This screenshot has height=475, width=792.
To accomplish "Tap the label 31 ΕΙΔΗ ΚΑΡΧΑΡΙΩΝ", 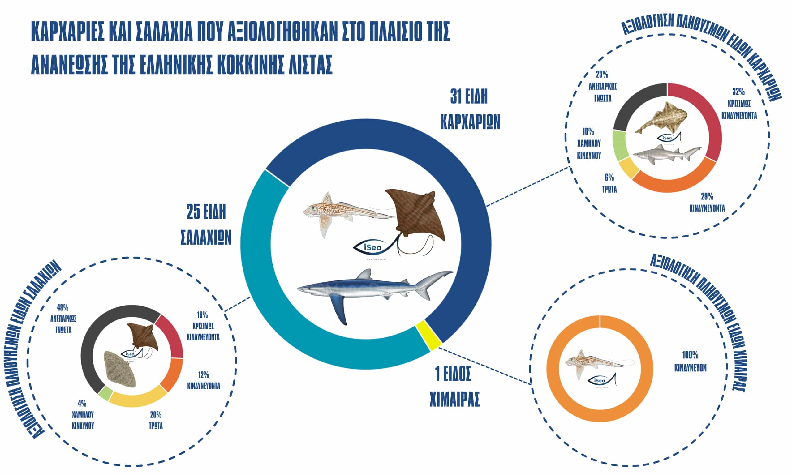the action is click(x=470, y=109).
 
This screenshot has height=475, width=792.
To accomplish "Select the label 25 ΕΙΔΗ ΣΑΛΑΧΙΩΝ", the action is click(x=206, y=225).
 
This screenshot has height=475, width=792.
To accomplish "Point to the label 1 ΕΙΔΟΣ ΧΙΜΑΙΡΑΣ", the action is click(x=454, y=387).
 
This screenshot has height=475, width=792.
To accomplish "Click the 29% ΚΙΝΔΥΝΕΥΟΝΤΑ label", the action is click(x=707, y=202).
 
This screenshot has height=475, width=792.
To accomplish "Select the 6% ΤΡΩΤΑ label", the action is click(x=609, y=183).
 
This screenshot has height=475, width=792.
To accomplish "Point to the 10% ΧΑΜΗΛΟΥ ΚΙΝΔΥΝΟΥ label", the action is click(x=589, y=143).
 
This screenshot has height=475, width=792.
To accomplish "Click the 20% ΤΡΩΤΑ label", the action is click(x=156, y=420).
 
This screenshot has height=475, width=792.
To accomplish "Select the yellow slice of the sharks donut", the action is click(x=624, y=168).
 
